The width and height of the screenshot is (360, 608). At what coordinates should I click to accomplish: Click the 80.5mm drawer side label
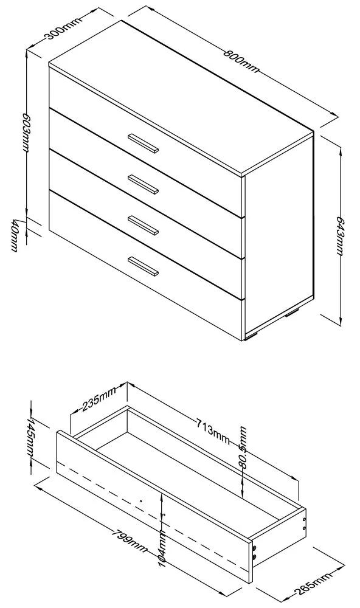coord(244,447)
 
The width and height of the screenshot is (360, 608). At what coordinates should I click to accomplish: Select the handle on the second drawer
coord(143,183)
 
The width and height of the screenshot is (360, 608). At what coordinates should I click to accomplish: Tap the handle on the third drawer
coord(143,224)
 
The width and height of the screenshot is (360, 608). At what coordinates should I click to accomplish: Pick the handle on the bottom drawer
coord(143,266)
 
